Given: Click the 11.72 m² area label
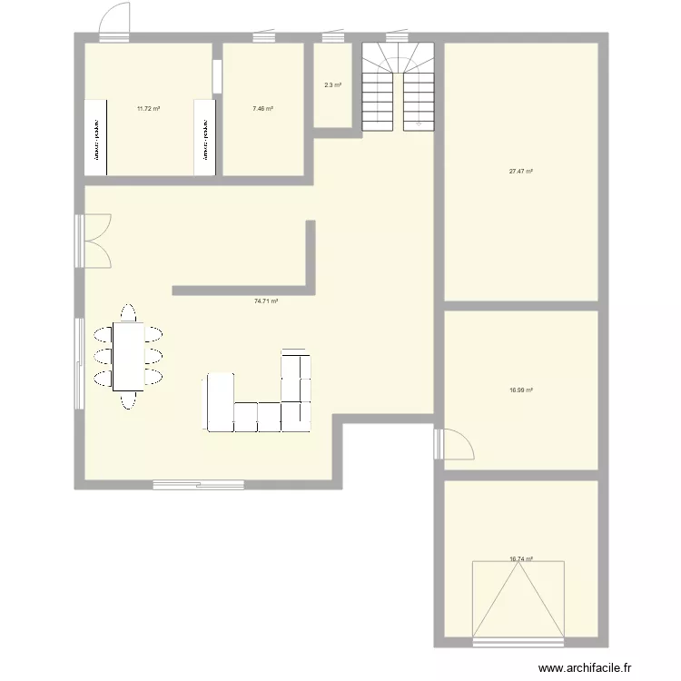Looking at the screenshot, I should [x=148, y=109].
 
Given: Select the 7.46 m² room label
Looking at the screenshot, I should [x=262, y=109].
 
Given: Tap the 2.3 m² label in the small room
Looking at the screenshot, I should [x=332, y=85].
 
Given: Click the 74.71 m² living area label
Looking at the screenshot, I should [x=266, y=301].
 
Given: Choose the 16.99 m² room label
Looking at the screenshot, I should [x=520, y=390].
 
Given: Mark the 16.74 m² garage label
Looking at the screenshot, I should [x=520, y=559].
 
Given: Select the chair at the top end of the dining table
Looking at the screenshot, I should [x=128, y=312].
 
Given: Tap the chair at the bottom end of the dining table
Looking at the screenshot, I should [x=128, y=400].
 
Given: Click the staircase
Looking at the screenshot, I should [x=398, y=87].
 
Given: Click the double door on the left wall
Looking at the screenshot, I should [x=92, y=241].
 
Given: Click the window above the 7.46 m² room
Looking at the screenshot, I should [x=263, y=38].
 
